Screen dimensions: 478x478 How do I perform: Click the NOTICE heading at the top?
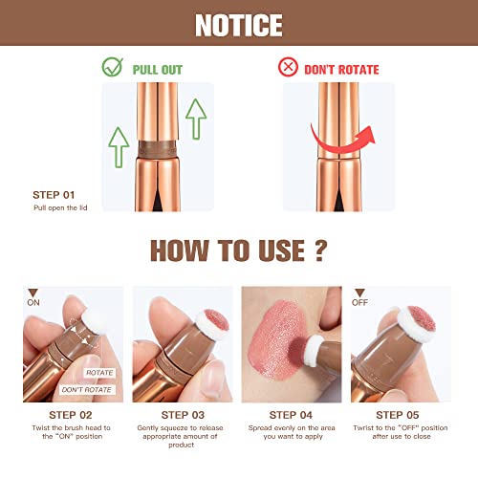(239, 26)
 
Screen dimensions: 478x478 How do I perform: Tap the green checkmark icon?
(112, 67)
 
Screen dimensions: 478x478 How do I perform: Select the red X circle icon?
(288, 67)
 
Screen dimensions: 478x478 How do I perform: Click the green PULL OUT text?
(158, 70)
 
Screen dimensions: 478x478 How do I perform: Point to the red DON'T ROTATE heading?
(341, 70)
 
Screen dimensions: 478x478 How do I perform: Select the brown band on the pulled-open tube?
(158, 149)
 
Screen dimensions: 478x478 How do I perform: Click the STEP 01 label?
(54, 195)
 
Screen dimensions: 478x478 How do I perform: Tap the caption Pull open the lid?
(60, 207)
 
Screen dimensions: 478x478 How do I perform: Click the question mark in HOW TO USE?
(321, 250)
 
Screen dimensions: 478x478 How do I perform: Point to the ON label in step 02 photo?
(33, 302)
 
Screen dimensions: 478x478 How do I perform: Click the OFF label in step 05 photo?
(359, 302)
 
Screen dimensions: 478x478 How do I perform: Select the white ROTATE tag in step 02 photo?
(99, 373)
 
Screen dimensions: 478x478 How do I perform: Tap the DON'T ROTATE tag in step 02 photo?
(87, 390)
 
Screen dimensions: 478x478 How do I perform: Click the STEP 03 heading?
(183, 415)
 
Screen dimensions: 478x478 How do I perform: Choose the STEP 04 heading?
(291, 415)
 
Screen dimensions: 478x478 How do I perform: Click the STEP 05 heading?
(398, 415)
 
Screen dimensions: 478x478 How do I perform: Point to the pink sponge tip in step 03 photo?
(216, 320)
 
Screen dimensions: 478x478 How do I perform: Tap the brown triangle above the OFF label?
(359, 293)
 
